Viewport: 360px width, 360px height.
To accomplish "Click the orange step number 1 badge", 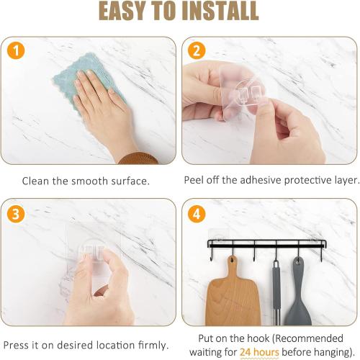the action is point(16,50).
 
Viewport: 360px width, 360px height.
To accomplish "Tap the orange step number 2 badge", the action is point(197,50).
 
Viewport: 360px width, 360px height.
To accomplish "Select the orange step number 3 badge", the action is point(16,214).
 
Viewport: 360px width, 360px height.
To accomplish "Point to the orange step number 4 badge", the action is point(197,214).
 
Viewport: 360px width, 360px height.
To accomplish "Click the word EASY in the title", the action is point(122,11).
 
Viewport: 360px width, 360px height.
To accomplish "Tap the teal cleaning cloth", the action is point(89,81).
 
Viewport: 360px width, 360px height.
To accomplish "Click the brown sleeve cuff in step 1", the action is point(139,158).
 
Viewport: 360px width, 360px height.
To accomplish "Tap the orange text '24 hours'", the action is point(259,352).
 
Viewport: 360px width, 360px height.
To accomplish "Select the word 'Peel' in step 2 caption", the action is point(194,180).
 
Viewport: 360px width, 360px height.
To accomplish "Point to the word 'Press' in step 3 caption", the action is point(17,346).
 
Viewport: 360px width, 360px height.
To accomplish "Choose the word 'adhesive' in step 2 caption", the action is point(261,180).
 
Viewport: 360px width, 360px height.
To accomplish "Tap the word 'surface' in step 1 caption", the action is point(130,181).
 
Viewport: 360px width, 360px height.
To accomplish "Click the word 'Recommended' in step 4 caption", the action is point(308,338).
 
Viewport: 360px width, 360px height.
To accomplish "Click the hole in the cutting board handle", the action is point(232,259).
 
